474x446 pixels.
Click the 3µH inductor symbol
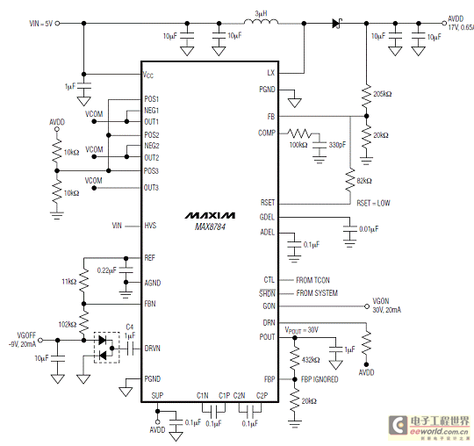261,21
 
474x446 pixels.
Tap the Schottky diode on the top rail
337,24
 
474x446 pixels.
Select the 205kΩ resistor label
383,94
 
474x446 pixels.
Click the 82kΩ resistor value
364,181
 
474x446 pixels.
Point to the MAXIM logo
210,215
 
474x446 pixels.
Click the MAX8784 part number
210,227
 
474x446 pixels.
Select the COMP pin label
267,133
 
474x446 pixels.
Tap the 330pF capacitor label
337,145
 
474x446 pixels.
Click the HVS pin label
150,226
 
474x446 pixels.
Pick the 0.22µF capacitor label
107,270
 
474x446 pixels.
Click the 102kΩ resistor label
68,325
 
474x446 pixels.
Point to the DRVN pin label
153,349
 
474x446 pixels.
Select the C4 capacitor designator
130,327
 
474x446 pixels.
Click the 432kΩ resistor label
311,360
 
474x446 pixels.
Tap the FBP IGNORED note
320,379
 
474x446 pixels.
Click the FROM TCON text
312,280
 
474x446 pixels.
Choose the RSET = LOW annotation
373,203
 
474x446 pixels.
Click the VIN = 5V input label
41,24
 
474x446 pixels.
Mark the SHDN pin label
267,293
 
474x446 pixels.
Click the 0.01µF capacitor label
369,229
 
